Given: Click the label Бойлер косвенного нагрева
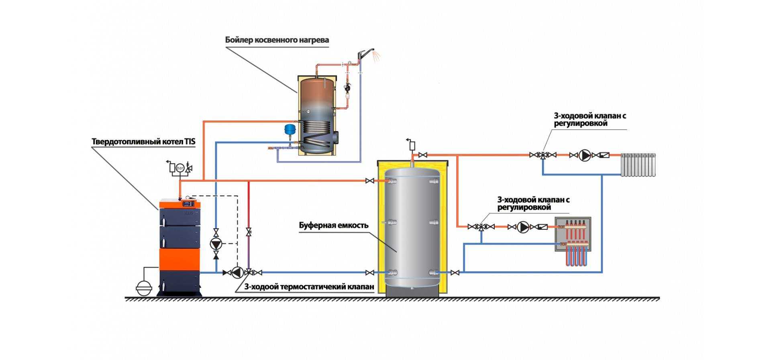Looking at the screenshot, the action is (277, 40).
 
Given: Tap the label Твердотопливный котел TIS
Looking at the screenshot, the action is (144, 142).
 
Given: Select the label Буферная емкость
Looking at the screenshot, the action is (334, 225).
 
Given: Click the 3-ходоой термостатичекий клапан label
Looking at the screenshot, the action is (309, 287).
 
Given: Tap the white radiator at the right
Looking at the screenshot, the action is (638, 165).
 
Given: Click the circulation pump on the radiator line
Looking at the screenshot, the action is (585, 155).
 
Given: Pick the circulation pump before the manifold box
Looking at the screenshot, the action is (523, 227).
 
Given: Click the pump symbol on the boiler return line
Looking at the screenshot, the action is (237, 272).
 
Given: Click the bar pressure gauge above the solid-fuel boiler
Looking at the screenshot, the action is (179, 168).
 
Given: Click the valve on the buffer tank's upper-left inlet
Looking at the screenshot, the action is (370, 181).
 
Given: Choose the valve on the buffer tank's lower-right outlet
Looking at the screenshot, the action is (455, 272).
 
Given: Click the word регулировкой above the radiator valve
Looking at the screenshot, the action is (581, 124).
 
